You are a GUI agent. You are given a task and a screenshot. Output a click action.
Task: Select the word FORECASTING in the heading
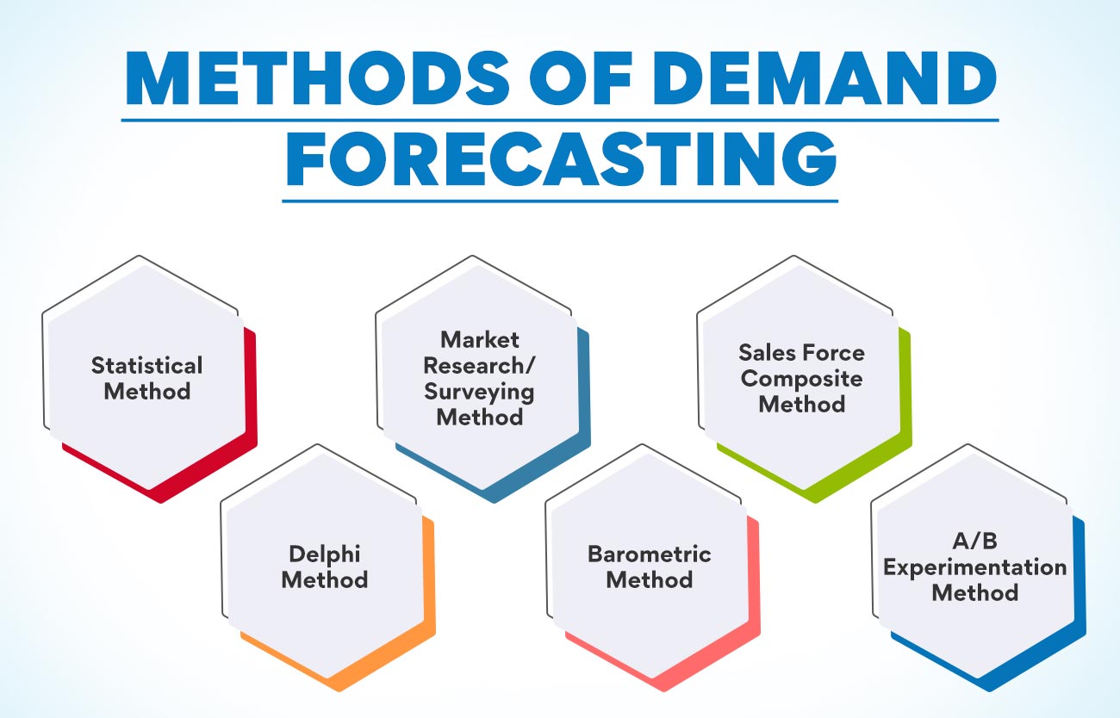pos(560,162)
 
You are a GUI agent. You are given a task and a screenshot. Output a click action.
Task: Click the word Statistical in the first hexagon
pos(147,365)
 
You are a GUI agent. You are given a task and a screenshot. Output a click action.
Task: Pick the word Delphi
pos(324,553)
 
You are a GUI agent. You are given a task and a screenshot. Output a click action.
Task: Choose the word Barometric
pos(650,553)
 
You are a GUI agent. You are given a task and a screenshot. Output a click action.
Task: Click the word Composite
pos(801,378)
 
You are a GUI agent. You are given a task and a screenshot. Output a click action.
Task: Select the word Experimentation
pos(975,567)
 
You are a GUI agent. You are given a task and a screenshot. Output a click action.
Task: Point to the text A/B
pos(975,542)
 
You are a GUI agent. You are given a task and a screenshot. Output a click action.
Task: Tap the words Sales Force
pos(801,352)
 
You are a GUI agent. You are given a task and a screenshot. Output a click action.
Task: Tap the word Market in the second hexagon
pos(480,338)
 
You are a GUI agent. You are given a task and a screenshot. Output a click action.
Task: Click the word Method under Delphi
pos(324,579)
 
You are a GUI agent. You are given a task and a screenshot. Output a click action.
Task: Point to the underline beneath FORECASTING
pos(560,201)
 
